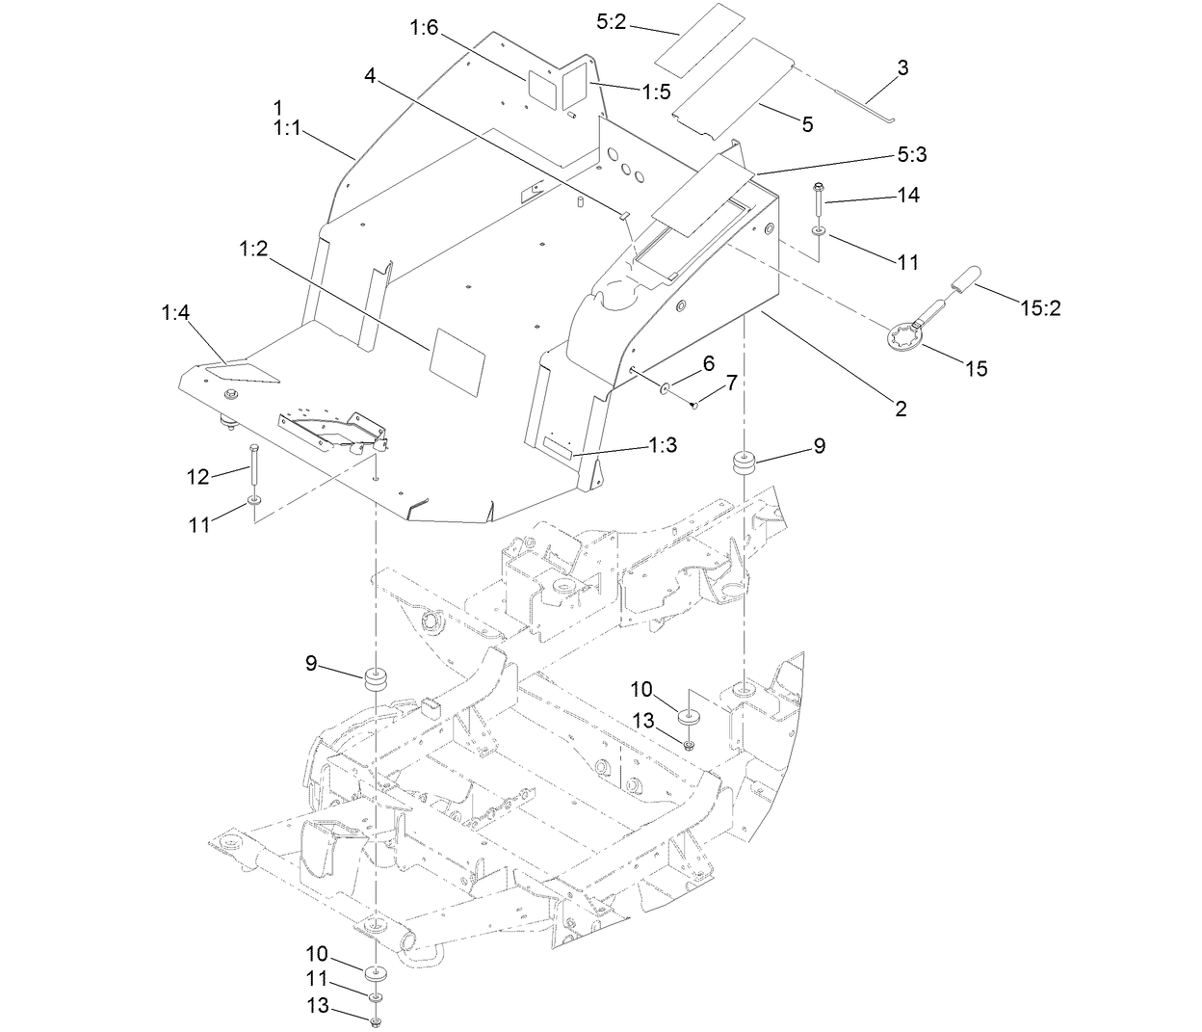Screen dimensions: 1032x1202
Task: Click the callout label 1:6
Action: (x=424, y=28)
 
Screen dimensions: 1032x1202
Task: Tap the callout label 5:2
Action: (x=612, y=22)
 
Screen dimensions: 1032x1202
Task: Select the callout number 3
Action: (x=902, y=67)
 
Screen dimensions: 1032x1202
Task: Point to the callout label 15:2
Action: (x=1040, y=308)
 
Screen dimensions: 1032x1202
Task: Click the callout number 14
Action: (x=908, y=195)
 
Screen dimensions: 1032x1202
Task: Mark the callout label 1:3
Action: (x=663, y=444)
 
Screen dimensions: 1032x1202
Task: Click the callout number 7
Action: (x=731, y=383)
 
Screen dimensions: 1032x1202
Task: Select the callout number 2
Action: (x=901, y=408)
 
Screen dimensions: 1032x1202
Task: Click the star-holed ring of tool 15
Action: (x=904, y=339)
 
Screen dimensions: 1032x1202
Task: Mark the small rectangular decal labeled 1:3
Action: (x=557, y=448)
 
